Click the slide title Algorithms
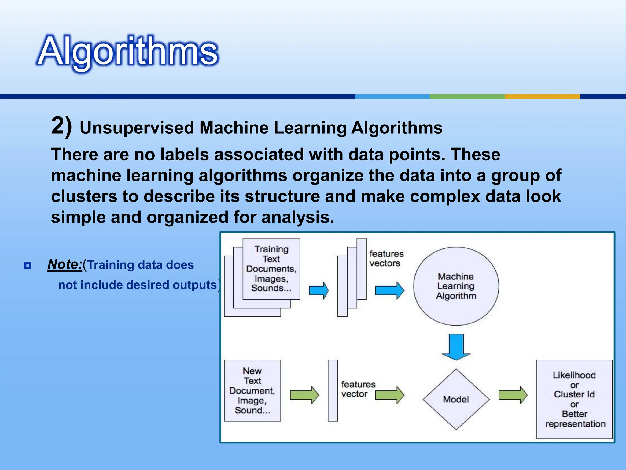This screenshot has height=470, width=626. [x=127, y=51]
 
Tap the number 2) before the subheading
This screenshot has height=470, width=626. [x=61, y=126]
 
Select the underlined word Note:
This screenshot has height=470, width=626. [x=64, y=264]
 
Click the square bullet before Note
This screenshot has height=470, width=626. [x=28, y=265]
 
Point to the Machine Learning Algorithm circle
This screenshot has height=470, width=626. [x=456, y=286]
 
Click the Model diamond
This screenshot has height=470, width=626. [x=456, y=399]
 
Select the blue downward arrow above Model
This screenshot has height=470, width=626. [x=456, y=347]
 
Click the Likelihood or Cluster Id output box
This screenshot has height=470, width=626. [x=574, y=399]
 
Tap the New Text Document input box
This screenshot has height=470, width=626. [x=252, y=390]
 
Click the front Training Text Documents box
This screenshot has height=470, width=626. [x=271, y=269]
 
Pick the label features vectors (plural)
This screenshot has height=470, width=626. [x=386, y=259]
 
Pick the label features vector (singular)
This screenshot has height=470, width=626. [x=358, y=389]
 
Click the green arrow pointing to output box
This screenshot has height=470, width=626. [x=513, y=395]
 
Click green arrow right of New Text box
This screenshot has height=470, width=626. [x=304, y=395]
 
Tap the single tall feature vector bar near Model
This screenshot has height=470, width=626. [x=333, y=390]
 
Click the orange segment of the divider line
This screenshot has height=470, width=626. [x=542, y=96]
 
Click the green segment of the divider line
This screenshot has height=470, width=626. [x=467, y=96]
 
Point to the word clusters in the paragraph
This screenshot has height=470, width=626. [x=84, y=196]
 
